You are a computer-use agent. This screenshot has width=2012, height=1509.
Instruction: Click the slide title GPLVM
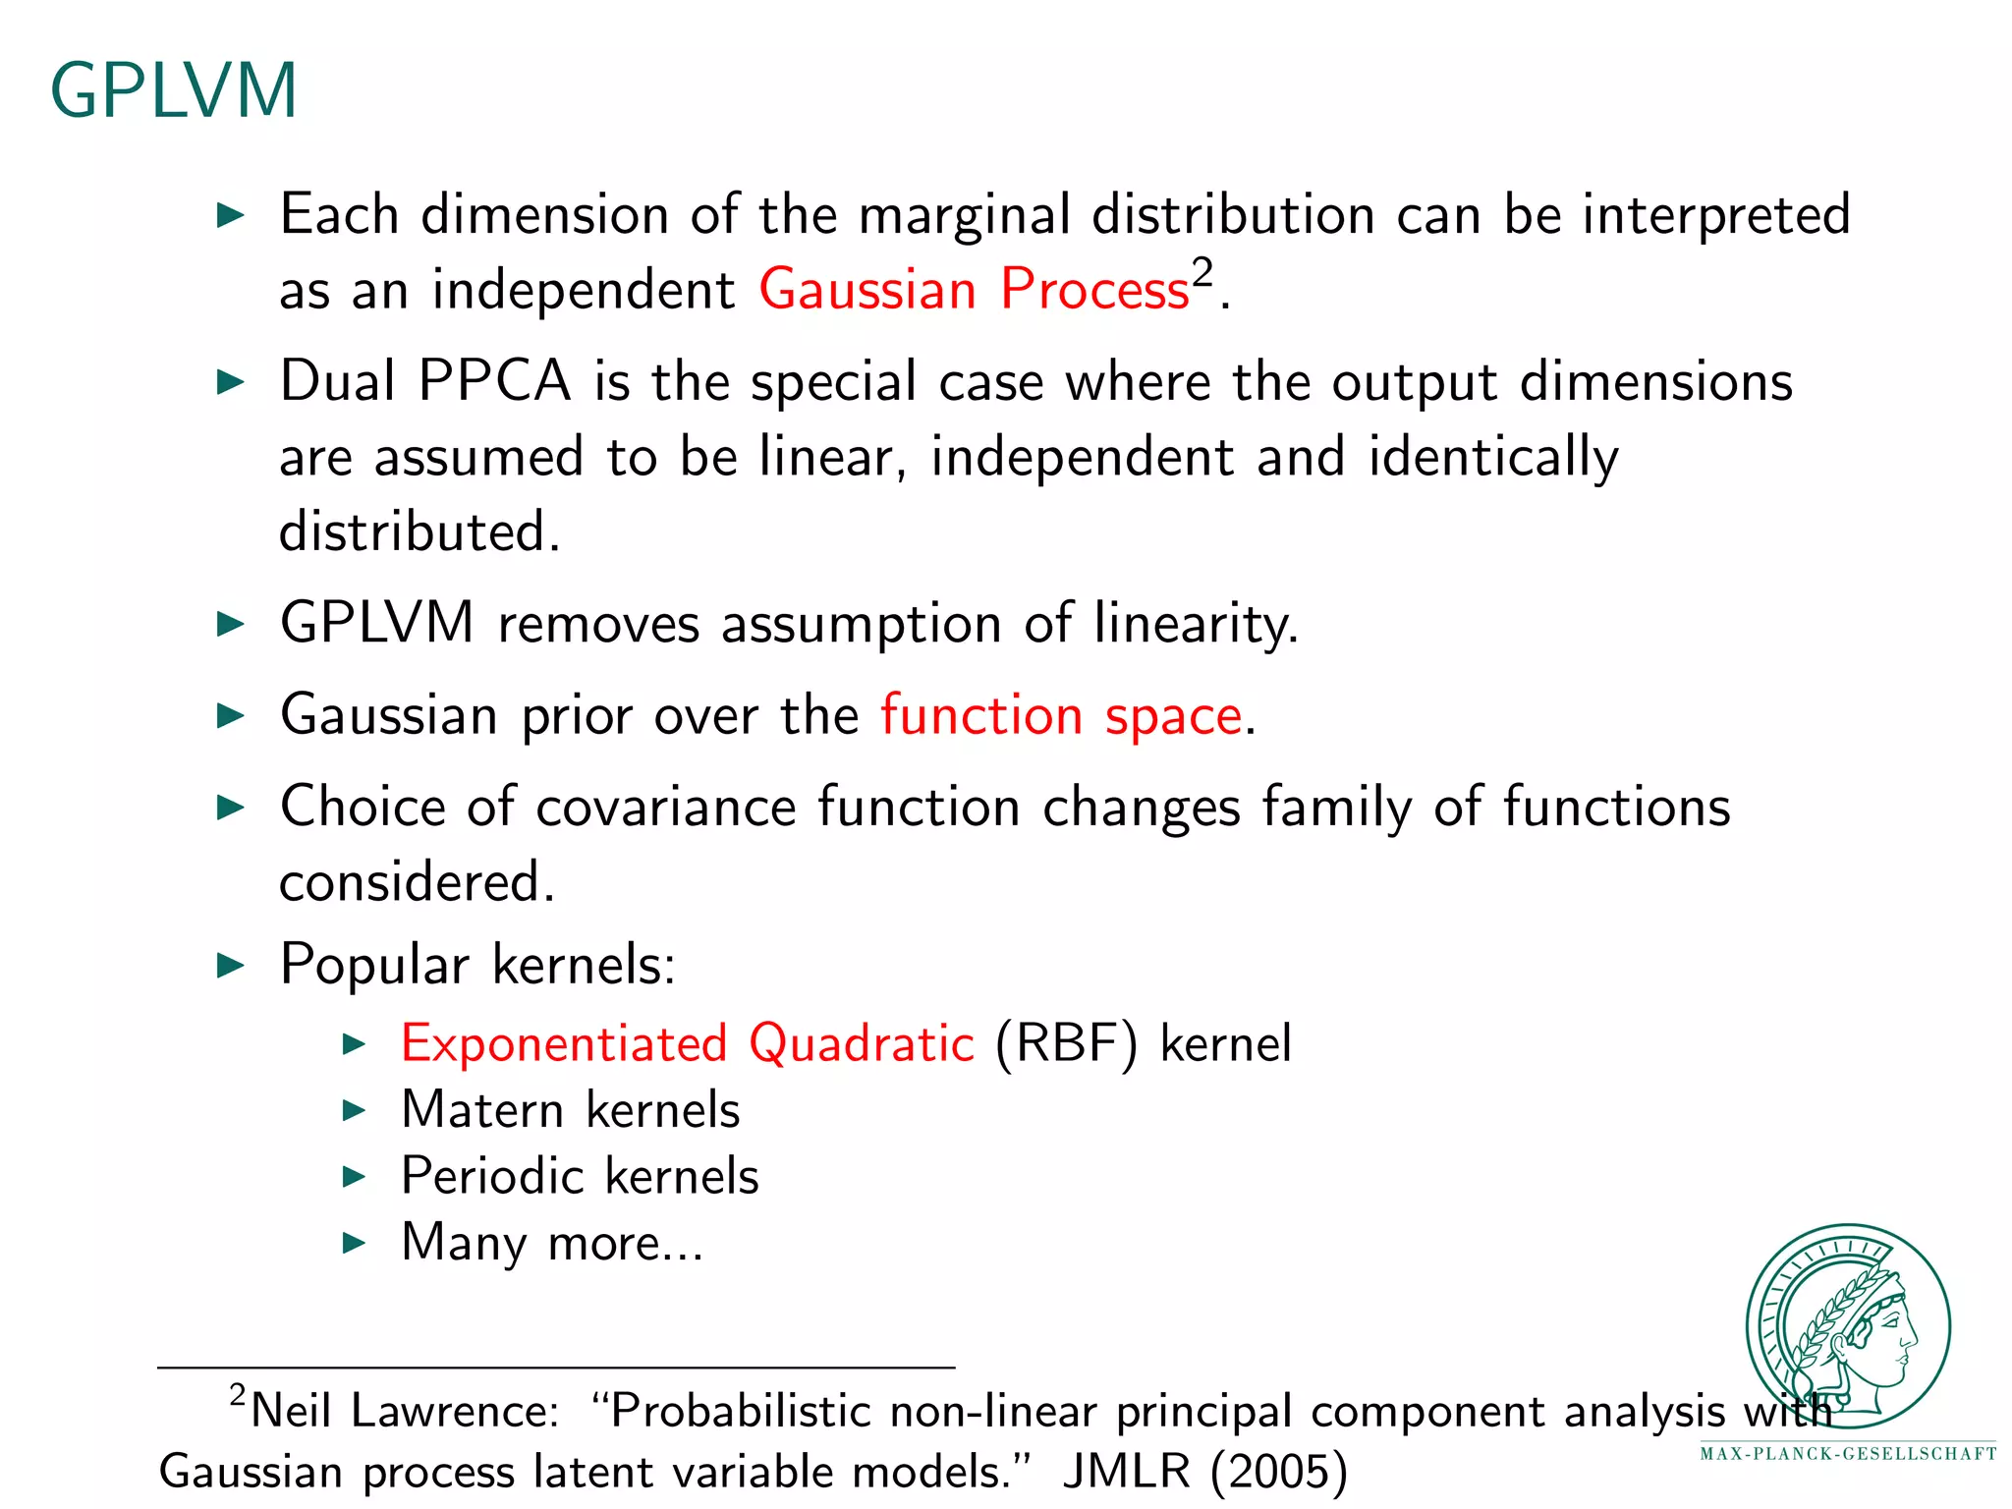click(x=173, y=90)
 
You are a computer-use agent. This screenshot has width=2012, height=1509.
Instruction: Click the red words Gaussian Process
click(x=974, y=290)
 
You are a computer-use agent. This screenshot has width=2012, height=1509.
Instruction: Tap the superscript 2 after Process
click(x=1202, y=271)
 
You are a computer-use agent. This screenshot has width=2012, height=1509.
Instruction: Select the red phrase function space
click(x=1061, y=714)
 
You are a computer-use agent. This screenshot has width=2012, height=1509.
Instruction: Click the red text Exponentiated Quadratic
click(x=687, y=1043)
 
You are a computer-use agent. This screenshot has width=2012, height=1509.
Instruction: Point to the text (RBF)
click(x=1066, y=1043)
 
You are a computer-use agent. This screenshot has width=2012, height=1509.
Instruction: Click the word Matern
click(x=482, y=1110)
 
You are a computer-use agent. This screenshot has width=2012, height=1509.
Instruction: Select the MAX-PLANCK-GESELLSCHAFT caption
click(x=1848, y=1454)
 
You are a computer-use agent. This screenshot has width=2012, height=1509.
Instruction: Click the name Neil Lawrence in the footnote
click(x=403, y=1412)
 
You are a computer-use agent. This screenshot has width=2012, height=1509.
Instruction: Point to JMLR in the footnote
click(x=1126, y=1472)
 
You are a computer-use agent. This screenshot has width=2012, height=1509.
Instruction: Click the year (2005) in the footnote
click(x=1278, y=1472)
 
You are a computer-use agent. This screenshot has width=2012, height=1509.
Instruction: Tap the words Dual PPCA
click(x=424, y=381)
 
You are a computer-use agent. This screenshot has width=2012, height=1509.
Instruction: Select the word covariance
click(x=665, y=807)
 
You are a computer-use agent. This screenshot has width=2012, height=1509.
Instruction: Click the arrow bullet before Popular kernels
click(x=230, y=965)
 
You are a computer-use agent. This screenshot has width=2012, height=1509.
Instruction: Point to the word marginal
click(x=964, y=215)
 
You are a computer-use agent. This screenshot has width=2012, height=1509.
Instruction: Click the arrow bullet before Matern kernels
click(x=354, y=1111)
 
